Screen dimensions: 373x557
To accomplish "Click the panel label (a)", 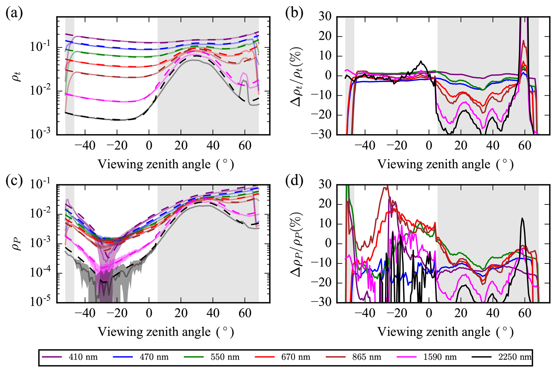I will pos(14,13).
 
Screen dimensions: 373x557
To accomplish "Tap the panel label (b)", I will pos(294,13).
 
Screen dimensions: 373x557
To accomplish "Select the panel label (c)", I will pos(14,181).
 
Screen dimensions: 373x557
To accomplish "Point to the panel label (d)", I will pos(294,181).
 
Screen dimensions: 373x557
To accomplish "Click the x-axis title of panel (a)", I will pos(165,164).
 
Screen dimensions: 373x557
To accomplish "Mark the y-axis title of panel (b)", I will pos(296,77).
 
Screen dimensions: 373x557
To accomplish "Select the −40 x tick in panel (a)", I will pos(85,146).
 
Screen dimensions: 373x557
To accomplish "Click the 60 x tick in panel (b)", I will pos(525,146).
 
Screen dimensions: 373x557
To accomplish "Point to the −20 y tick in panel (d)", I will pos(322,283).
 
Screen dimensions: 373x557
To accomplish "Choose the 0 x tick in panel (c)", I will pos(149,313).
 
